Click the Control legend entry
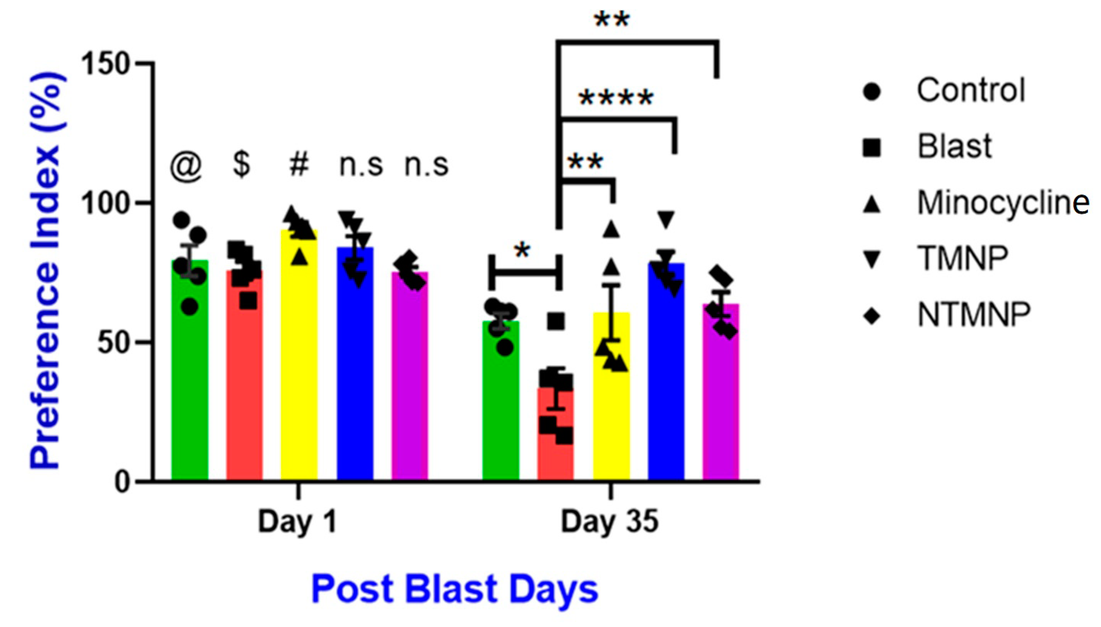(971, 90)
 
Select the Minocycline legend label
(1003, 202)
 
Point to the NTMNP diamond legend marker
(871, 317)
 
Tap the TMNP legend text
(962, 258)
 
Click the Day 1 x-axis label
(297, 522)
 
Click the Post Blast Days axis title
(455, 589)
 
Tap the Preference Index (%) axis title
(45, 271)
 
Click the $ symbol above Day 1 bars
(241, 165)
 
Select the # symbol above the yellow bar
(299, 165)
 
